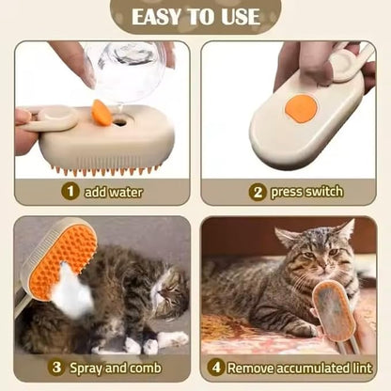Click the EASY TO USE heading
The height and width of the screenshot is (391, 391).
(x=195, y=16)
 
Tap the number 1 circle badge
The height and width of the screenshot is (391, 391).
(x=70, y=191)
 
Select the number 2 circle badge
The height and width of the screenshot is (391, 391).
(x=257, y=191)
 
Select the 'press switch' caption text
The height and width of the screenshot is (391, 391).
(x=306, y=191)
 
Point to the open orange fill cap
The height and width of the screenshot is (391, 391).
(x=101, y=113)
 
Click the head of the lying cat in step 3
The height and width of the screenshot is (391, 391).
(x=170, y=291)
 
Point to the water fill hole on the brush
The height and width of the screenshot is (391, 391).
(x=120, y=120)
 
